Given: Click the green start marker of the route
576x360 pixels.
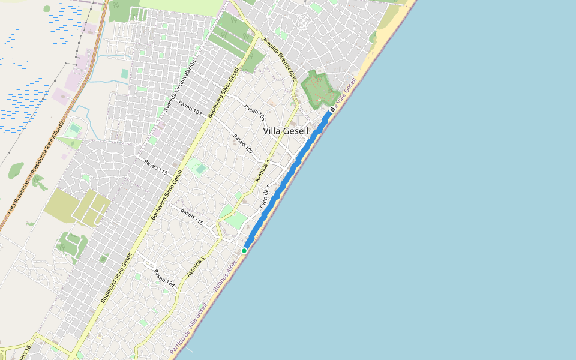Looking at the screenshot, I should click(x=244, y=250).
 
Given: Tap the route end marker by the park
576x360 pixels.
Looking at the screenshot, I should click(x=332, y=110).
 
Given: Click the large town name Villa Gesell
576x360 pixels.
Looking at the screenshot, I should click(x=286, y=131).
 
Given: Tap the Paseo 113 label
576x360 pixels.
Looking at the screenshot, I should click(x=155, y=166).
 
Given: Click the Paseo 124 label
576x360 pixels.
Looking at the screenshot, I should click(x=164, y=278).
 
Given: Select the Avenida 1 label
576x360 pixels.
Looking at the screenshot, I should click(x=265, y=197).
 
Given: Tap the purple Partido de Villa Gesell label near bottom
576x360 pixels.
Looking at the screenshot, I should click(x=188, y=328).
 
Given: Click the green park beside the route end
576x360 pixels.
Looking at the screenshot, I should click(x=320, y=88).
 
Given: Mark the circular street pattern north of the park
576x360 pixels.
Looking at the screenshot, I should click(x=302, y=23).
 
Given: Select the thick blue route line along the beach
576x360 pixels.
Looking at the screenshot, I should click(x=288, y=178).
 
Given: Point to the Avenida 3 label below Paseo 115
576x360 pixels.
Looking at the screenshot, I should click(x=196, y=266).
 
